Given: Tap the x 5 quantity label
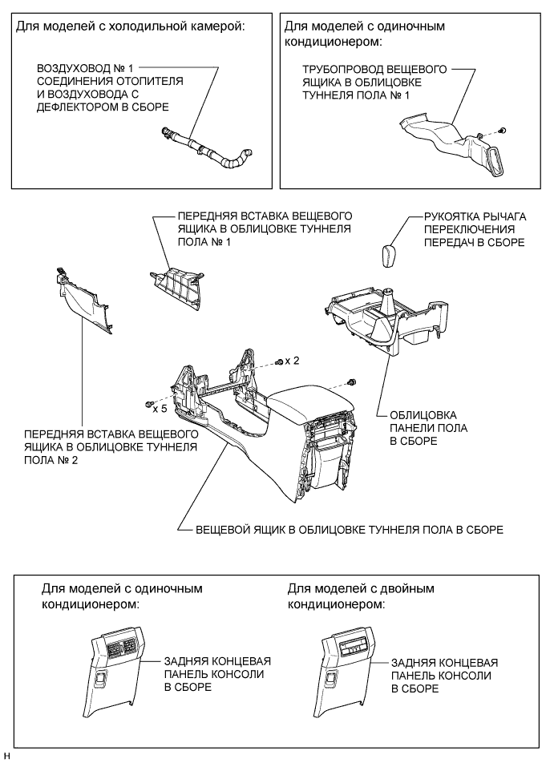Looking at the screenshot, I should [160, 408].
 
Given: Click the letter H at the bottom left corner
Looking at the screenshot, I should [7, 756].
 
